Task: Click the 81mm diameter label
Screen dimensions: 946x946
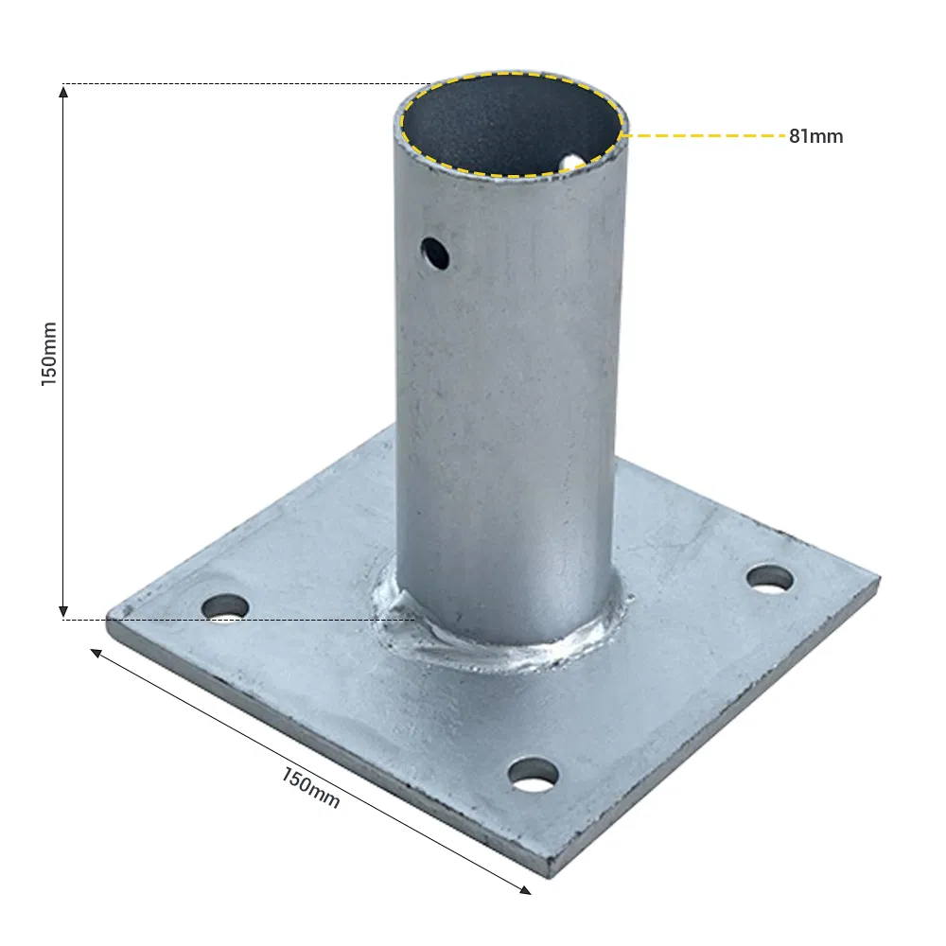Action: coord(815,136)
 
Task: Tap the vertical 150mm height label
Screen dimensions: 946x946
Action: coord(49,353)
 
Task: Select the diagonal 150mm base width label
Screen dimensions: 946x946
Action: coord(310,787)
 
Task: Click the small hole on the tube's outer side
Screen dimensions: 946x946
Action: coord(434,253)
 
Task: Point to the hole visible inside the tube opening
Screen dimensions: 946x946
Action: coord(572,163)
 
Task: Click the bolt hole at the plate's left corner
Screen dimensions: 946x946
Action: coord(224,606)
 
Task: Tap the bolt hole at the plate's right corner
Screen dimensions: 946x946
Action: coord(770,577)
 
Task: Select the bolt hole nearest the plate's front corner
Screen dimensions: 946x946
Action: coord(533,774)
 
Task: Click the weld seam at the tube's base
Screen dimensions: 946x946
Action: coord(501,653)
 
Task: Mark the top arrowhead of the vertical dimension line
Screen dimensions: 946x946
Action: coord(63,92)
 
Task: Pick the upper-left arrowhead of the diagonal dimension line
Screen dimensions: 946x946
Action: coord(96,653)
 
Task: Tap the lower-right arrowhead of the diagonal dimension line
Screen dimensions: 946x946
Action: coord(525,888)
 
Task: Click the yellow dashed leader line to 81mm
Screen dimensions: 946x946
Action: coord(705,136)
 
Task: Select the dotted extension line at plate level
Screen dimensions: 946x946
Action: coord(236,620)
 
